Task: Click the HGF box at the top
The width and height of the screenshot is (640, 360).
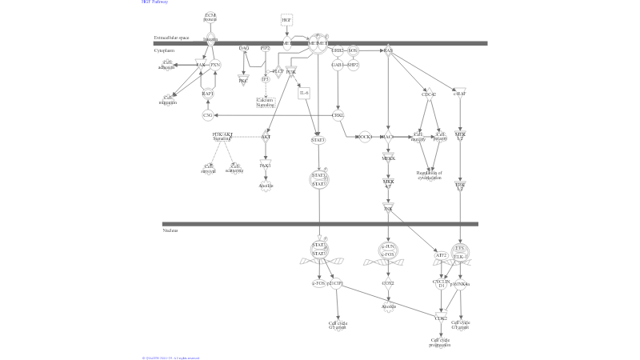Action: [x=286, y=19]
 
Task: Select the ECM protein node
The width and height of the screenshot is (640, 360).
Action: [x=210, y=17]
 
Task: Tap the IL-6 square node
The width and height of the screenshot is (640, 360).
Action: [x=304, y=94]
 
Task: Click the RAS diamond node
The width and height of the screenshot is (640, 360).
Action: [x=388, y=50]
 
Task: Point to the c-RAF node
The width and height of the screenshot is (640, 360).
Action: [x=459, y=94]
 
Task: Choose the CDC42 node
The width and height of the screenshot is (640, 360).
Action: [x=429, y=94]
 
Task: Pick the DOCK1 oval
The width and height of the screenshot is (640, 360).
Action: [x=365, y=137]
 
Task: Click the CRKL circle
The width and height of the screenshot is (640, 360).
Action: [x=338, y=115]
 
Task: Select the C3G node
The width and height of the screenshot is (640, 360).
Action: [x=208, y=115]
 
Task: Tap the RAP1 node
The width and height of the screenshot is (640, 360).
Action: [x=208, y=94]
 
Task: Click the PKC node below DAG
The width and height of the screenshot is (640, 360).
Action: [x=243, y=80]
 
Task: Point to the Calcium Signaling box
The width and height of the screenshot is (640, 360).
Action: [x=265, y=102]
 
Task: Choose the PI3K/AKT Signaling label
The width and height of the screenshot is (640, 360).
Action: [x=222, y=136]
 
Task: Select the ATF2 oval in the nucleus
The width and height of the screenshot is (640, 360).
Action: [x=441, y=255]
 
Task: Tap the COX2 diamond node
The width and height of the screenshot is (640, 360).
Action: [x=388, y=283]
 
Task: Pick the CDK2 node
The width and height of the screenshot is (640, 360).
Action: [x=441, y=318]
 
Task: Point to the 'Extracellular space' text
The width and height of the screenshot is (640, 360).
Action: [x=171, y=38]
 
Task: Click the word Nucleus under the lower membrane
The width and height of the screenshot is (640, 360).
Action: [x=170, y=230]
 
